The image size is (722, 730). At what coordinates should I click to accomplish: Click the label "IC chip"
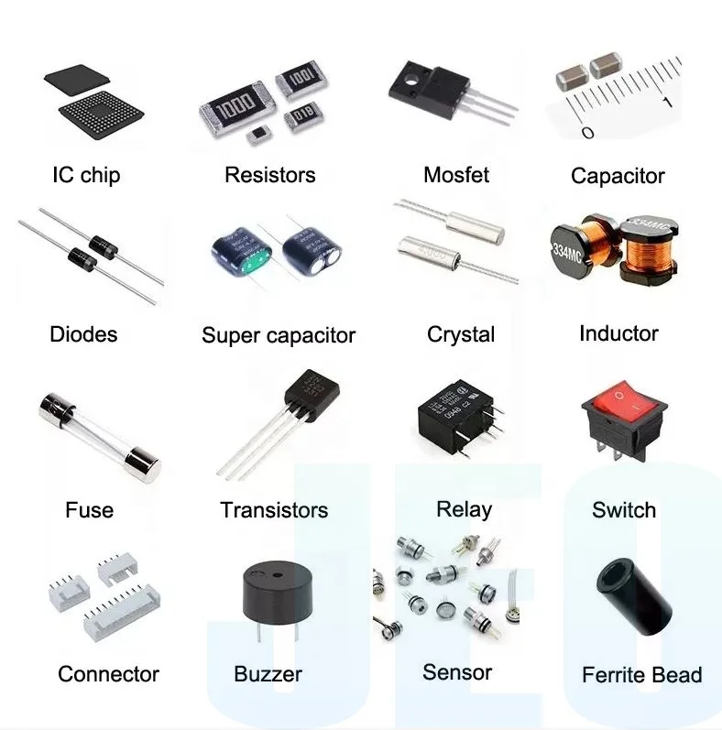point(86,175)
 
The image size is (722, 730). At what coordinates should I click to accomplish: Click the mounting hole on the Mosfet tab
point(412,74)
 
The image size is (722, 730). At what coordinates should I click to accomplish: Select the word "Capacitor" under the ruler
point(618,176)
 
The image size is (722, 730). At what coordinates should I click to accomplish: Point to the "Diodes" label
point(83,334)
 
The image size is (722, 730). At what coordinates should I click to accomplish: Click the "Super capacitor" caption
point(279,335)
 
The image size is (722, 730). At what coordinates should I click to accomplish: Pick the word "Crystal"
point(461,334)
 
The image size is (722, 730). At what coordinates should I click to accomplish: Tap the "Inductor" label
point(618,333)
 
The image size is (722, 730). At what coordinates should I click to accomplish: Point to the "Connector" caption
point(108,674)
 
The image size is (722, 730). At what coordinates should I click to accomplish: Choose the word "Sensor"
point(457,672)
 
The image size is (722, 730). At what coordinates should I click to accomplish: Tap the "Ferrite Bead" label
point(641,675)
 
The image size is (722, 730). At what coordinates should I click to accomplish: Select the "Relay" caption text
point(464,509)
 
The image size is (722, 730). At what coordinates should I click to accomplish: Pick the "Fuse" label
point(90,509)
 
